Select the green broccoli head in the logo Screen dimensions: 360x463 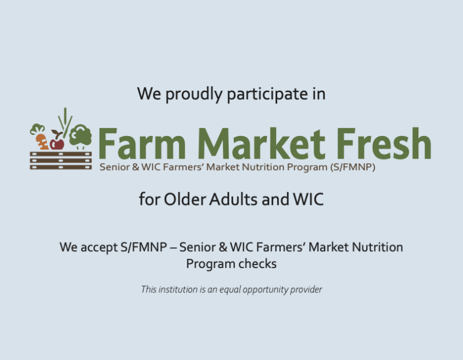click(x=80, y=136)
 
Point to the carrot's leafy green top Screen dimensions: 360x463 click(x=38, y=128)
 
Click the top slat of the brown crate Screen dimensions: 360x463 click(x=61, y=153)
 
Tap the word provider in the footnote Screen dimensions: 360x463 click(x=306, y=289)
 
